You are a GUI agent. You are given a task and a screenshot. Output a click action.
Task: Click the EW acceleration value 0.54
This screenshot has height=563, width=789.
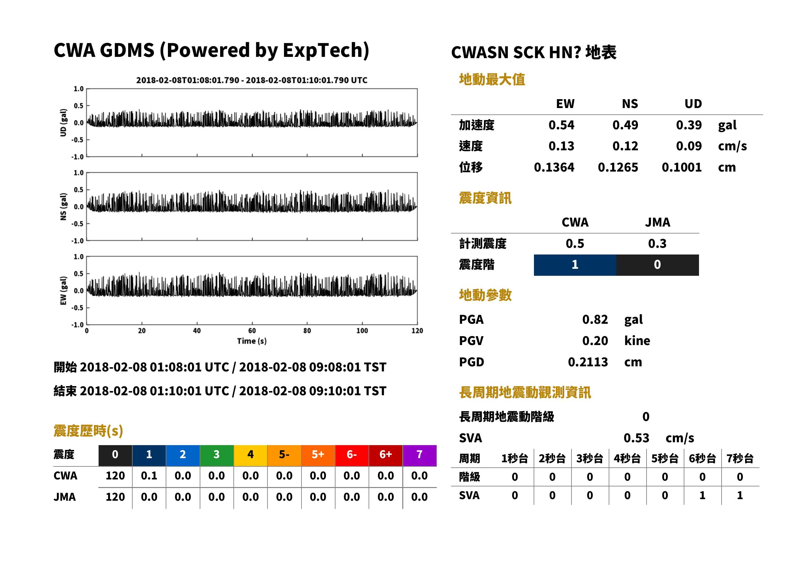561,125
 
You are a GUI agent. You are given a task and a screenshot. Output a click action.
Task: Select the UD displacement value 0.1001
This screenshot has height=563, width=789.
682,167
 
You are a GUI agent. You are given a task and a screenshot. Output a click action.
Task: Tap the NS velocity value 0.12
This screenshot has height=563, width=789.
625,146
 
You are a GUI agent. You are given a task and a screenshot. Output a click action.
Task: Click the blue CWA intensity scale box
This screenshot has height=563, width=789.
575,265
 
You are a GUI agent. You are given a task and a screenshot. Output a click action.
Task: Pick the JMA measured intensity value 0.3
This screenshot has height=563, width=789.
657,244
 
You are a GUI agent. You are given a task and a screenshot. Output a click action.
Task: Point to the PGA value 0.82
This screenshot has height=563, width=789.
595,320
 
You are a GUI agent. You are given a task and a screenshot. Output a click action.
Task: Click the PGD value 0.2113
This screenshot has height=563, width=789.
588,362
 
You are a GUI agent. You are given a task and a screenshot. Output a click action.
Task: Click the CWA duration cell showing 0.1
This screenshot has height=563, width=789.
149,476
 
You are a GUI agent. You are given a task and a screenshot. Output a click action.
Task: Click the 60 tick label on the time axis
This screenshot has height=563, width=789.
252,331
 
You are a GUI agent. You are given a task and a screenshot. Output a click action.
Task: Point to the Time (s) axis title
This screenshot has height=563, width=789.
252,341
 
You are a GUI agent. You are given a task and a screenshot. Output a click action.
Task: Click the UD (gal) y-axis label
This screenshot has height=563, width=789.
63,123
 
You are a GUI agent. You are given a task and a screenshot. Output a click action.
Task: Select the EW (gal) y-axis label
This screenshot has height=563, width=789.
63,291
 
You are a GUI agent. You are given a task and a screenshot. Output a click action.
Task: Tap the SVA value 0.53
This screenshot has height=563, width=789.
636,438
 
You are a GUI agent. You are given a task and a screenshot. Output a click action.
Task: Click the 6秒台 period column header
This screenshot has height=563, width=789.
702,459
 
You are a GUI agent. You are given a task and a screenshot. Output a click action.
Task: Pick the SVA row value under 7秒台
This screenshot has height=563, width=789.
740,496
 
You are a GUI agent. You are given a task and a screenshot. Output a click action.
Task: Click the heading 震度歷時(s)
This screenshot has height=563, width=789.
88,431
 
